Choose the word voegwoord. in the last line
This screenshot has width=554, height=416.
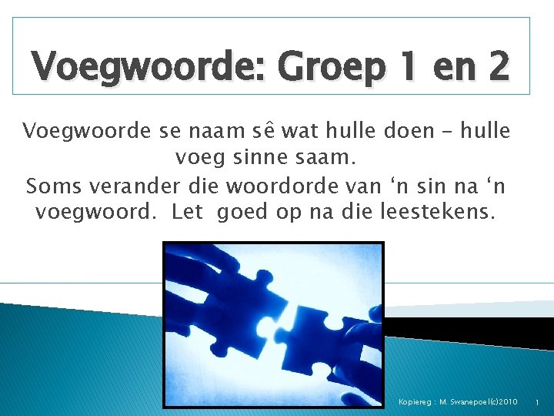[98, 211]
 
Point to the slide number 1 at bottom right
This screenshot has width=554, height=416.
[536, 402]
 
